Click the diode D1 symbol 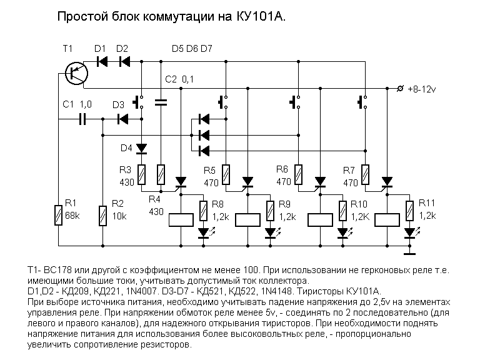coord(101,61)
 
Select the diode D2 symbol coord(123,61)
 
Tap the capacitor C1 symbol coord(82,118)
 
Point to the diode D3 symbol coord(123,118)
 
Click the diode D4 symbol coord(141,148)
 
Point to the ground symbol coord(410,253)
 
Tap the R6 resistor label coord(282,169)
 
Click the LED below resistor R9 coord(271,232)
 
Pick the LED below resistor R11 coord(410,232)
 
